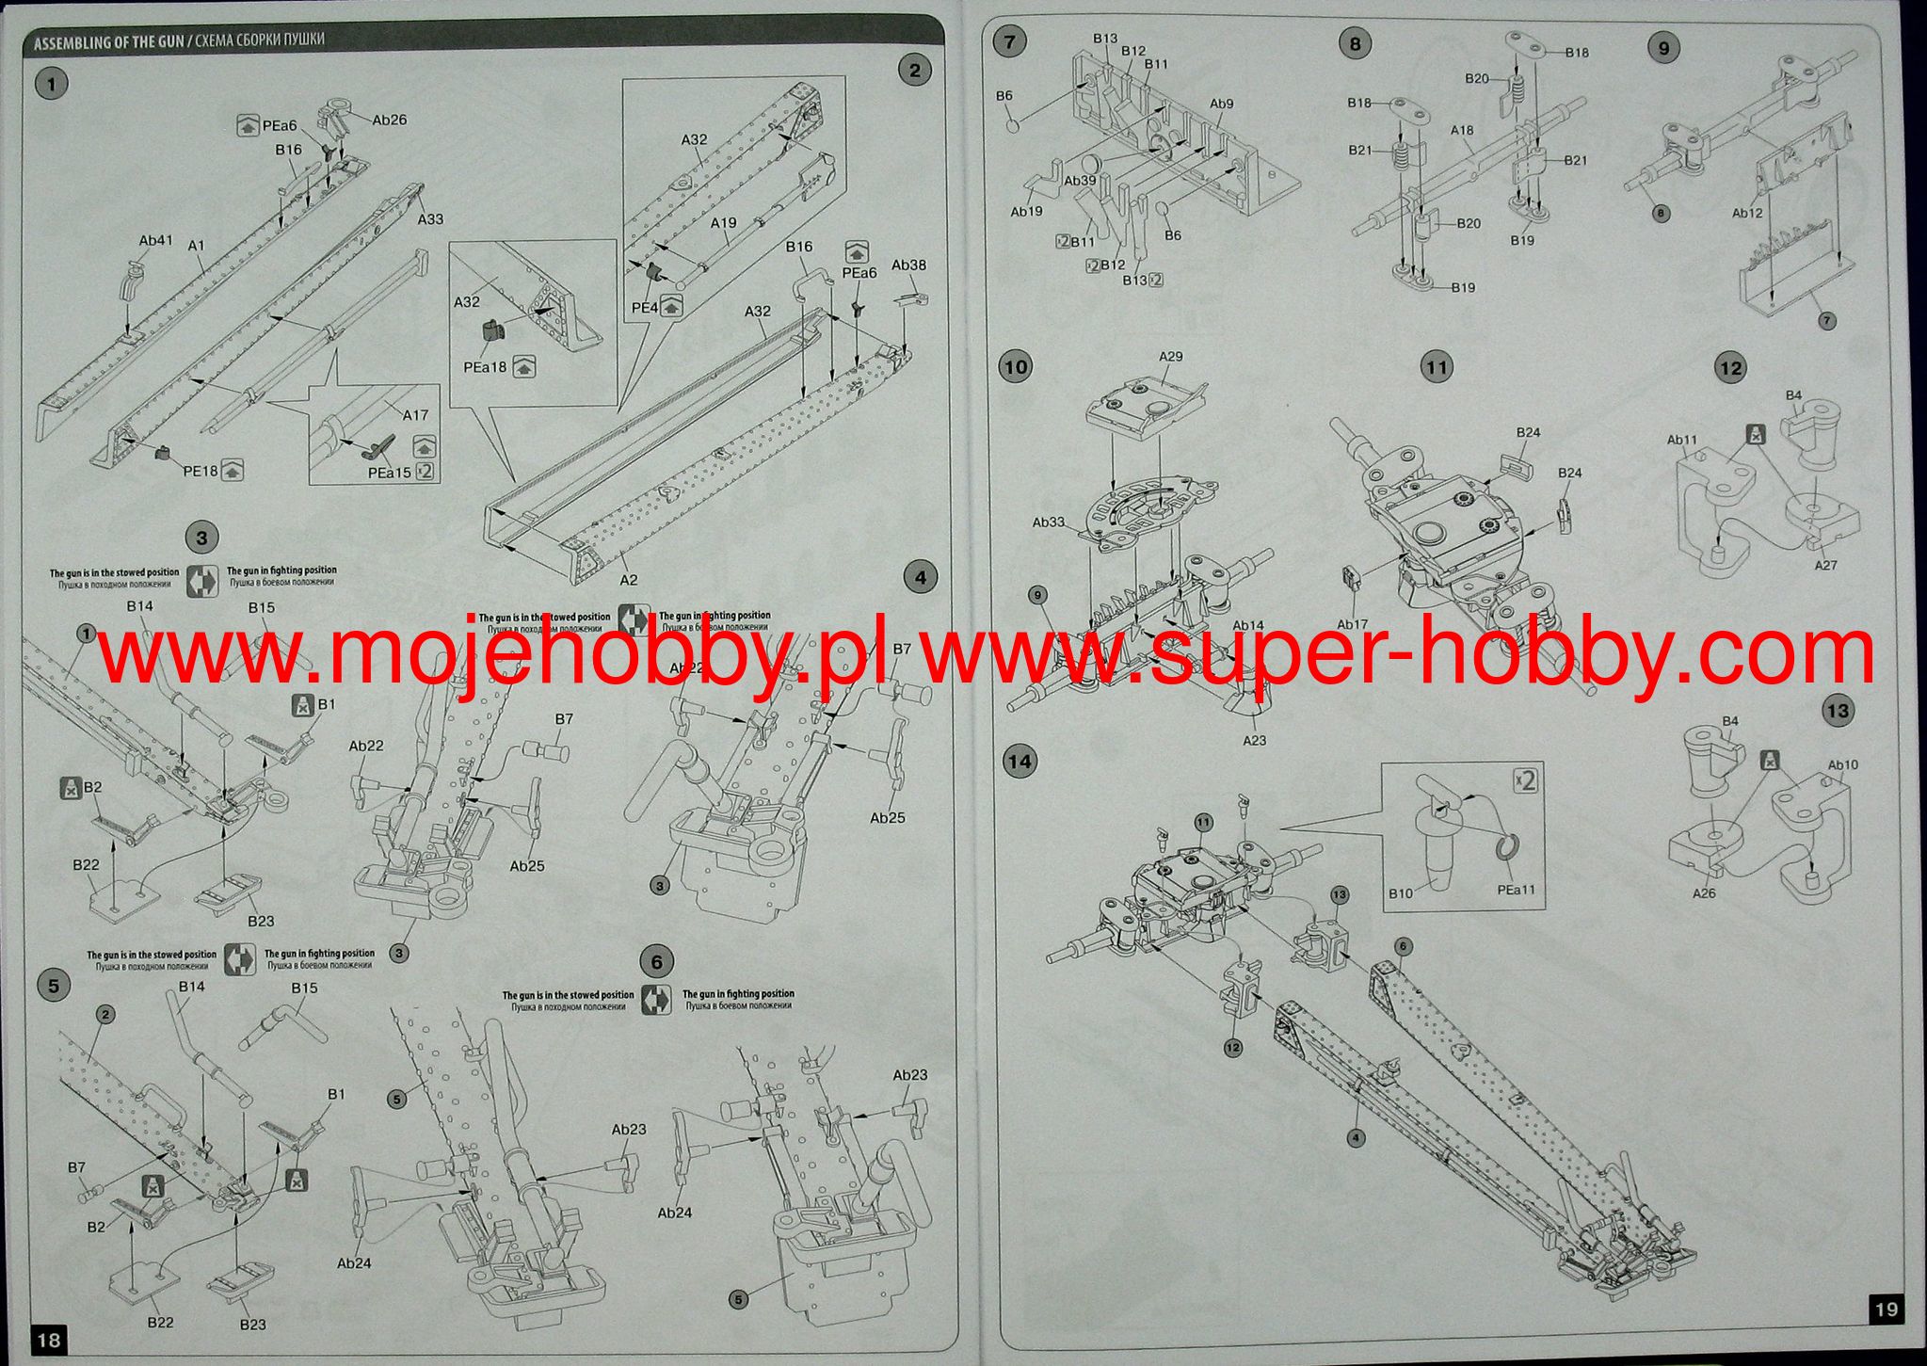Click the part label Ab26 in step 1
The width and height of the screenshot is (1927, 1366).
[x=390, y=121]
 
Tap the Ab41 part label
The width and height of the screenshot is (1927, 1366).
[x=156, y=241]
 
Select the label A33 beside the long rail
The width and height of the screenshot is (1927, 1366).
[x=430, y=219]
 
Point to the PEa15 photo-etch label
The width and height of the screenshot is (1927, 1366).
[x=390, y=472]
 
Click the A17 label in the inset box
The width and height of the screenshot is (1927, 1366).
[x=415, y=415]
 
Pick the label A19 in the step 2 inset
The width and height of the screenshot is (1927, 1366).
[x=723, y=223]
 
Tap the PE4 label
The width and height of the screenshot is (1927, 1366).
[x=644, y=307]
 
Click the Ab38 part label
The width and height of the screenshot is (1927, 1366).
[x=908, y=265]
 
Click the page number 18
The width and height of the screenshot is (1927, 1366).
[x=49, y=1339]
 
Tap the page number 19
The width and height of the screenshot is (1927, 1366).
[x=1887, y=1309]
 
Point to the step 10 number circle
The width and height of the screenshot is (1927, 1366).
[x=1016, y=366]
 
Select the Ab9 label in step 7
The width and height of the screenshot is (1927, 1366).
[x=1222, y=104]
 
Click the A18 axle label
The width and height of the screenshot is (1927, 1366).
[x=1462, y=131]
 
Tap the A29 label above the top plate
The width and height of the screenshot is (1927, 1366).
[x=1171, y=357]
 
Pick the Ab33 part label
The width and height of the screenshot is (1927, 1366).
[x=1049, y=522]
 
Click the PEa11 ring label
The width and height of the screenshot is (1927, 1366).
[x=1516, y=890]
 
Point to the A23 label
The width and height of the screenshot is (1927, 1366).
[x=1255, y=741]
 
